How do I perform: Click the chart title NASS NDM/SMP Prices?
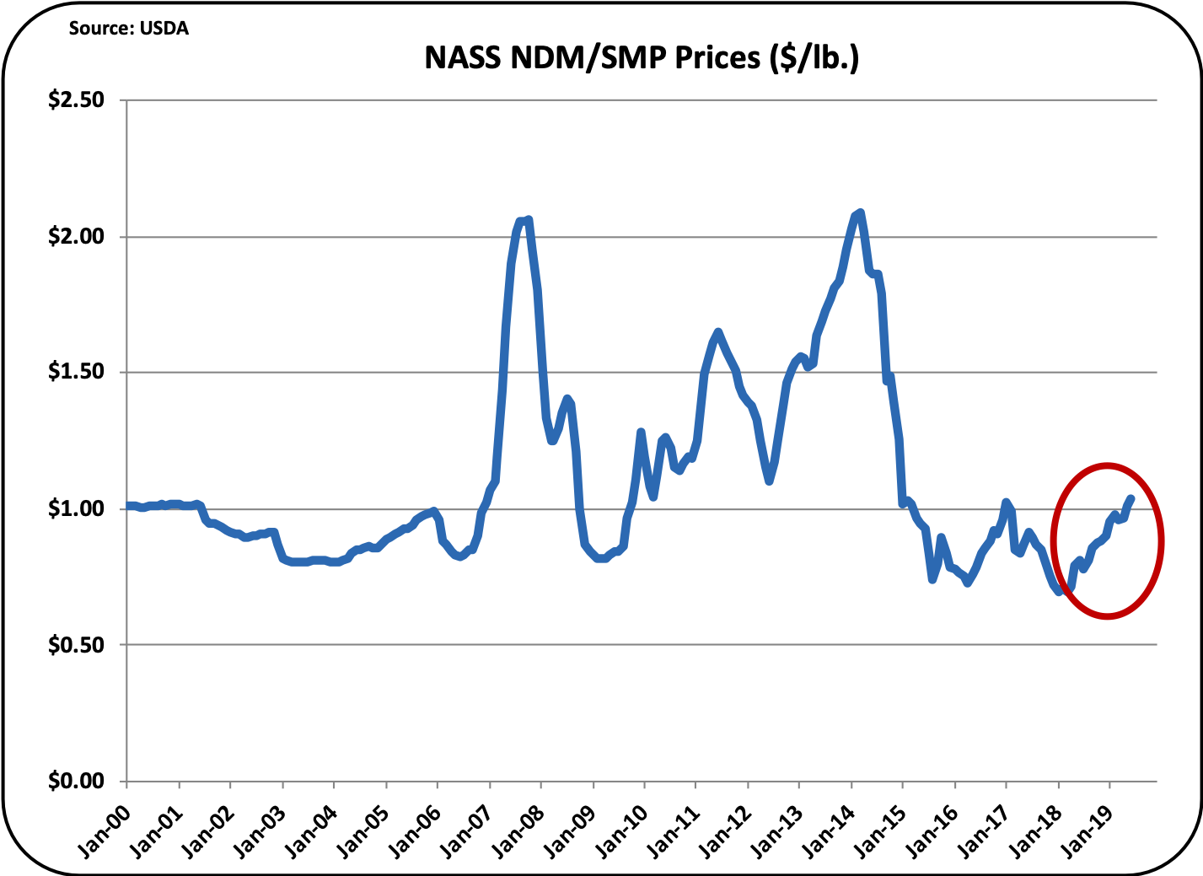pos(642,57)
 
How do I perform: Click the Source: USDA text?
pos(129,29)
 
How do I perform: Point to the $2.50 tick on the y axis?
pos(76,99)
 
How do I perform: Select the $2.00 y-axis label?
pos(76,236)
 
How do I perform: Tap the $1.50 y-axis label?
pos(76,372)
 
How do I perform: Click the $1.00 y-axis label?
pos(76,508)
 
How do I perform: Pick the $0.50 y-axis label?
pos(76,645)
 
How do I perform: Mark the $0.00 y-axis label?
pos(76,782)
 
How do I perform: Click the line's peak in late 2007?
pos(525,219)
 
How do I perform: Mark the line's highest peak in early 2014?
pos(859,212)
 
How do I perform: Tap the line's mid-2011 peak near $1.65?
pos(717,331)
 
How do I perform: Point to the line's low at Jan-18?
pos(1060,592)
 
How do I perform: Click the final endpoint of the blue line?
pos(1131,497)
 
